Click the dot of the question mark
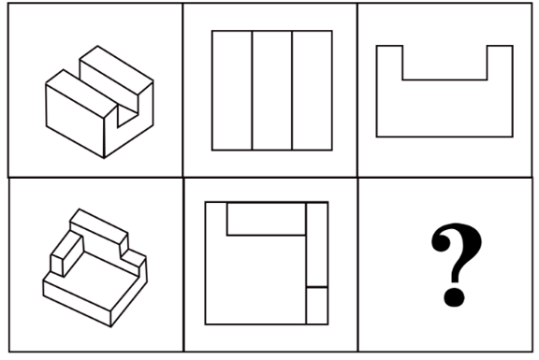tap(454, 296)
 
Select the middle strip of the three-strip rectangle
tap(272, 91)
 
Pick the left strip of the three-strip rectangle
tap(232, 91)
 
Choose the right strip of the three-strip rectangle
tap(313, 91)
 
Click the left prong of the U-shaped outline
tap(389, 63)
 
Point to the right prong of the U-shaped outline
tap(500, 63)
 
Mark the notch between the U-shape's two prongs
tap(444, 63)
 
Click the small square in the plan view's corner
tap(317, 306)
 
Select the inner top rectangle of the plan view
tap(267, 219)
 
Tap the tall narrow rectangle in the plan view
tap(317, 244)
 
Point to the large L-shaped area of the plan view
tap(255, 279)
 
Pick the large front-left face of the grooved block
tap(75, 121)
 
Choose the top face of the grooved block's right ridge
tap(117, 70)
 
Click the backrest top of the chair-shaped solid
tap(99, 223)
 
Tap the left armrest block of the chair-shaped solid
tap(67, 253)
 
